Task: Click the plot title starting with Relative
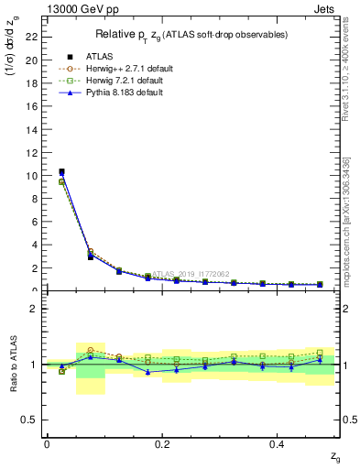coord(191,35)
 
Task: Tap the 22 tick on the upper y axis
coord(32,38)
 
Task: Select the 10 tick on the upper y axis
coord(32,176)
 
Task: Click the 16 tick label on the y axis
coord(32,106)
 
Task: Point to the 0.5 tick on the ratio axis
coord(30,420)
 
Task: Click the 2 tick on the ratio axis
coord(34,309)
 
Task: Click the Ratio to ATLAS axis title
coord(12,364)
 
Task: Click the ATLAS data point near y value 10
coord(61,171)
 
